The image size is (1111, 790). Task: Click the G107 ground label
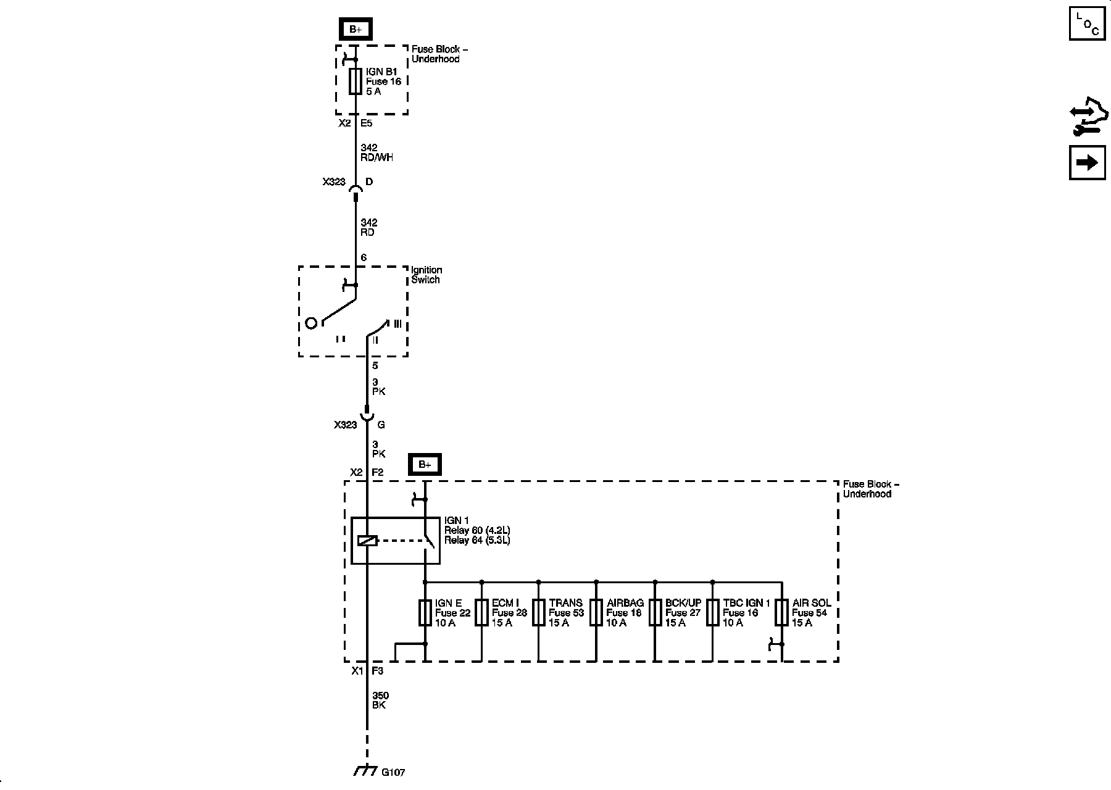(x=393, y=772)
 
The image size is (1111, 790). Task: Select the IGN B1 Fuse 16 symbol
(x=355, y=81)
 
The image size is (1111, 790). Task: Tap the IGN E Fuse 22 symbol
(x=425, y=613)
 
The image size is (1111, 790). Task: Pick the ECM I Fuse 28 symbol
(x=481, y=613)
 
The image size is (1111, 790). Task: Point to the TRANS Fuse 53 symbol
(x=539, y=613)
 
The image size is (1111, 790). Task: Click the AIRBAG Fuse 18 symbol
(x=596, y=613)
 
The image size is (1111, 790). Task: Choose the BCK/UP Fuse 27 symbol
(x=655, y=613)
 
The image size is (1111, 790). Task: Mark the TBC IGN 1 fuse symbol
(x=713, y=613)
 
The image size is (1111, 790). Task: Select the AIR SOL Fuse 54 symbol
(x=782, y=613)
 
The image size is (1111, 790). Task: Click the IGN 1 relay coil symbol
(x=367, y=541)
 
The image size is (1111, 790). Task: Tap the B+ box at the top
(x=356, y=29)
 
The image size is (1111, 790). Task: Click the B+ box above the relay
(x=425, y=465)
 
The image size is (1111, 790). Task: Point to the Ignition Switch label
(x=427, y=275)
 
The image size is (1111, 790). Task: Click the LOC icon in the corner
(x=1087, y=22)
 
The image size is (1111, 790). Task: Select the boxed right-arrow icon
(x=1087, y=162)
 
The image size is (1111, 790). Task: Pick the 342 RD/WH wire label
(x=377, y=152)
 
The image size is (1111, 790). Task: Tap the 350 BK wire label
(x=380, y=701)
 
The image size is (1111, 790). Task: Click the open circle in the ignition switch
(x=312, y=323)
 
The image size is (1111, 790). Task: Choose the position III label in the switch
(x=397, y=323)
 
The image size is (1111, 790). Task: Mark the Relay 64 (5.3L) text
(x=476, y=541)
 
